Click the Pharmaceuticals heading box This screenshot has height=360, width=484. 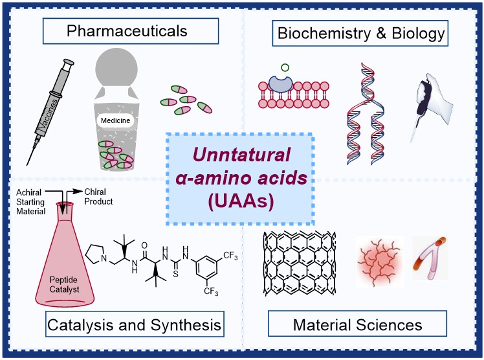(131, 31)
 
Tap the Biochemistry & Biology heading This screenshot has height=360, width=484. (360, 33)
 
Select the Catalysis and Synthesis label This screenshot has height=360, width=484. (135, 324)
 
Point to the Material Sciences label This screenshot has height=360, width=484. (357, 324)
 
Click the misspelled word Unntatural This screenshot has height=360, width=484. (241, 155)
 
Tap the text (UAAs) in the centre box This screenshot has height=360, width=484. (241, 201)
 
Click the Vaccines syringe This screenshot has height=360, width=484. (50, 112)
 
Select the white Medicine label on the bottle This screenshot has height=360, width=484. (115, 120)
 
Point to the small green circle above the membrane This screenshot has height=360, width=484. (285, 67)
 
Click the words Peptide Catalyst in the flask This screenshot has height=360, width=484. (64, 285)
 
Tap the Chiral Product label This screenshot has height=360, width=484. (98, 197)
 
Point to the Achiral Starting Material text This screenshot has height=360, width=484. (30, 201)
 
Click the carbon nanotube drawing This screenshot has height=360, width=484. (300, 263)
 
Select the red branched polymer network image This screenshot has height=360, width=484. (380, 261)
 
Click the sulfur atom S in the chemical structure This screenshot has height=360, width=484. (175, 273)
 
